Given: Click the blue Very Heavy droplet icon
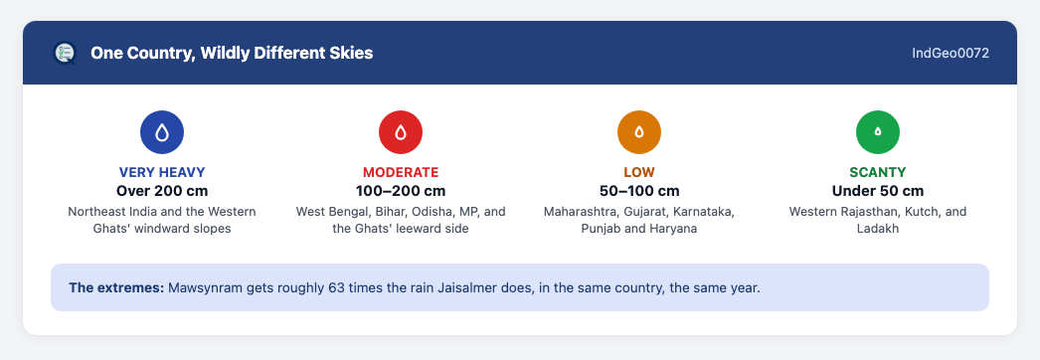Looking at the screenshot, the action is tap(162, 132).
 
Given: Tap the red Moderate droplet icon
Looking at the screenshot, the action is tap(401, 132).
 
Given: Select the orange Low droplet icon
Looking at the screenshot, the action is tap(639, 132).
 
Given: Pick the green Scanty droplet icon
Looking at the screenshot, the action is tap(878, 132).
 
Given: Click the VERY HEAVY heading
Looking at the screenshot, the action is tap(162, 172).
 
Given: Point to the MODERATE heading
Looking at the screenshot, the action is tap(401, 172).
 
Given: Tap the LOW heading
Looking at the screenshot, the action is tap(639, 172).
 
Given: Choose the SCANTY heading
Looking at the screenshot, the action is tap(878, 172).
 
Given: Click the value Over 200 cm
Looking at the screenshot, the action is tap(162, 191).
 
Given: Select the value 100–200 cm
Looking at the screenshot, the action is tap(401, 191).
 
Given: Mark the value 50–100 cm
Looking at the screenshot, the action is tap(639, 191).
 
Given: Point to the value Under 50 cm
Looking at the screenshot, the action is tap(878, 191).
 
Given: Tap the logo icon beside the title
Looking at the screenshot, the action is tap(65, 53).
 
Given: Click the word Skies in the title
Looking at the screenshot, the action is tap(353, 53).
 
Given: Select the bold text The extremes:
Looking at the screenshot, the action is tap(116, 288).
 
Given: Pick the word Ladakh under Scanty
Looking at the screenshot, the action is tap(878, 229).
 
